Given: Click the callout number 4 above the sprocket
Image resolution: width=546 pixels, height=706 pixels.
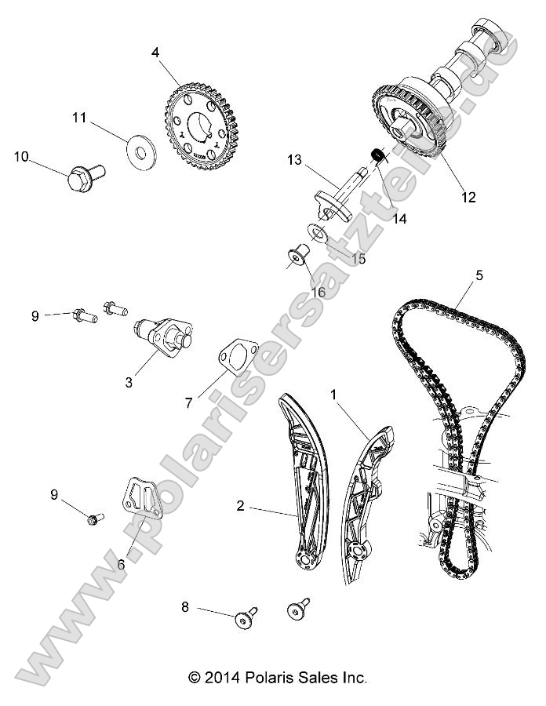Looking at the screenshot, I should [155, 53].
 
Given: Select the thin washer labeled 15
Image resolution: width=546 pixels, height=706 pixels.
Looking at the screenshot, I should [317, 232].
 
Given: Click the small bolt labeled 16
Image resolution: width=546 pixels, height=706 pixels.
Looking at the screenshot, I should [298, 256].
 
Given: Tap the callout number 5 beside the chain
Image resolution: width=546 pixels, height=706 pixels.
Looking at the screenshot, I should [479, 275].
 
